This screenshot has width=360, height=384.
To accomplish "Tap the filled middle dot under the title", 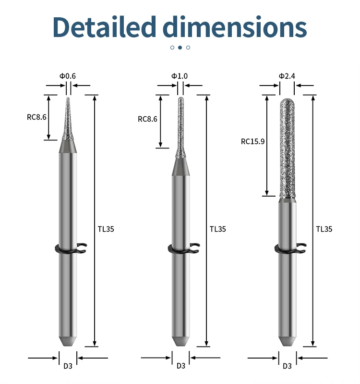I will [180, 47].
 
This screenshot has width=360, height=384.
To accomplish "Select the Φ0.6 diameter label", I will [68, 76].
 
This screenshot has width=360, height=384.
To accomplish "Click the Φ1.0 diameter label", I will [180, 76].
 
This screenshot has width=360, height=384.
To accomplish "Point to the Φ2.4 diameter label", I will [287, 76].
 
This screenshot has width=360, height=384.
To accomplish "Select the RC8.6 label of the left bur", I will [36, 117].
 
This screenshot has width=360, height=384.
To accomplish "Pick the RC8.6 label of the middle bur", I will [147, 119].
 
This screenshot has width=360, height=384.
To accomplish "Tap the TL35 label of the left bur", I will [106, 229].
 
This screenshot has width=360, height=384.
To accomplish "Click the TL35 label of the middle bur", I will [217, 229].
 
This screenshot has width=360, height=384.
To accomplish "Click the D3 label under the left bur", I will [68, 366].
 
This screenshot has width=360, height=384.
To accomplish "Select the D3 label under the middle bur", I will [180, 366].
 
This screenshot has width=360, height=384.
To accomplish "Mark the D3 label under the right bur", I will [287, 366].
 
